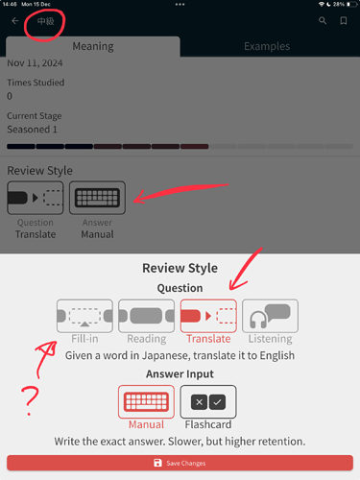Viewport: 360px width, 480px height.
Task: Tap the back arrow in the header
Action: click(x=15, y=21)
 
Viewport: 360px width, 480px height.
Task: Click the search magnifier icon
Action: click(x=323, y=21)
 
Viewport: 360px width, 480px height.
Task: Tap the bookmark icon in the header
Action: click(x=344, y=21)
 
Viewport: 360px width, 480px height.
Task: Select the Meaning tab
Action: click(x=93, y=46)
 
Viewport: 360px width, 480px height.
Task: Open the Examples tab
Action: click(x=267, y=46)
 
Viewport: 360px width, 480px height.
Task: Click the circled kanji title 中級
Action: click(x=46, y=21)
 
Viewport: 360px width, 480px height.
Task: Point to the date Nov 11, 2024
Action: click(x=35, y=63)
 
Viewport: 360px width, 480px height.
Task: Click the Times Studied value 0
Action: click(x=10, y=96)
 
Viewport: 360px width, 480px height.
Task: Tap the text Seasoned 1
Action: click(x=32, y=130)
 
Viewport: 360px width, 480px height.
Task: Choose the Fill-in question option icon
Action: click(x=84, y=316)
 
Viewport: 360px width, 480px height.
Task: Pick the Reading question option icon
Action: click(x=147, y=316)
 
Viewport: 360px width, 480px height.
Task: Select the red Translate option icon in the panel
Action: click(x=208, y=316)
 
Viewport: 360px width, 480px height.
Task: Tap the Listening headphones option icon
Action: click(x=270, y=316)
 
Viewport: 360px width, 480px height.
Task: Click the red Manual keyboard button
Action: click(x=146, y=401)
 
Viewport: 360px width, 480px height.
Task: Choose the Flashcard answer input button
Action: click(x=208, y=401)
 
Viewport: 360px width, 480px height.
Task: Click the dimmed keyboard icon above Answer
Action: click(x=97, y=198)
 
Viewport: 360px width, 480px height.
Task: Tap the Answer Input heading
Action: click(x=180, y=373)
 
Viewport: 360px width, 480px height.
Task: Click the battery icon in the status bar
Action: click(x=352, y=4)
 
